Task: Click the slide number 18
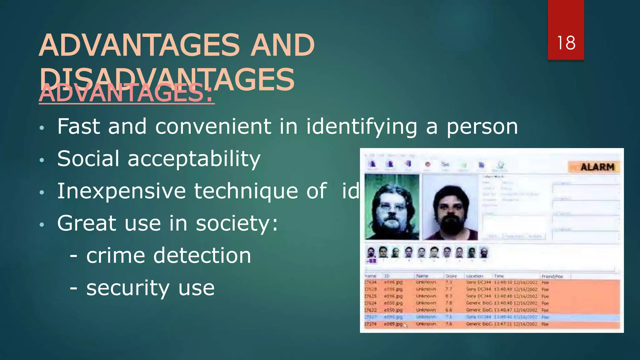pos(566,43)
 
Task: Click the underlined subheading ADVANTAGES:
pos(126,93)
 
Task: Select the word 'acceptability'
pos(194,159)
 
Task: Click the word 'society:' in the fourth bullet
pos(237,223)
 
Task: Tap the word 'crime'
pos(116,256)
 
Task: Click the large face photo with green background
pos(392,207)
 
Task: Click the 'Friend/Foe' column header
pos(552,276)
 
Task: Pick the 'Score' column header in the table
pos(451,276)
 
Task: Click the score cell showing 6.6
pos(449,310)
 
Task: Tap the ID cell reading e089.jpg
pos(393,324)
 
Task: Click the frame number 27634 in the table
pos(371,282)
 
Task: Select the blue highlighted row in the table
pos(492,317)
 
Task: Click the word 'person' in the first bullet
pos(482,127)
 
